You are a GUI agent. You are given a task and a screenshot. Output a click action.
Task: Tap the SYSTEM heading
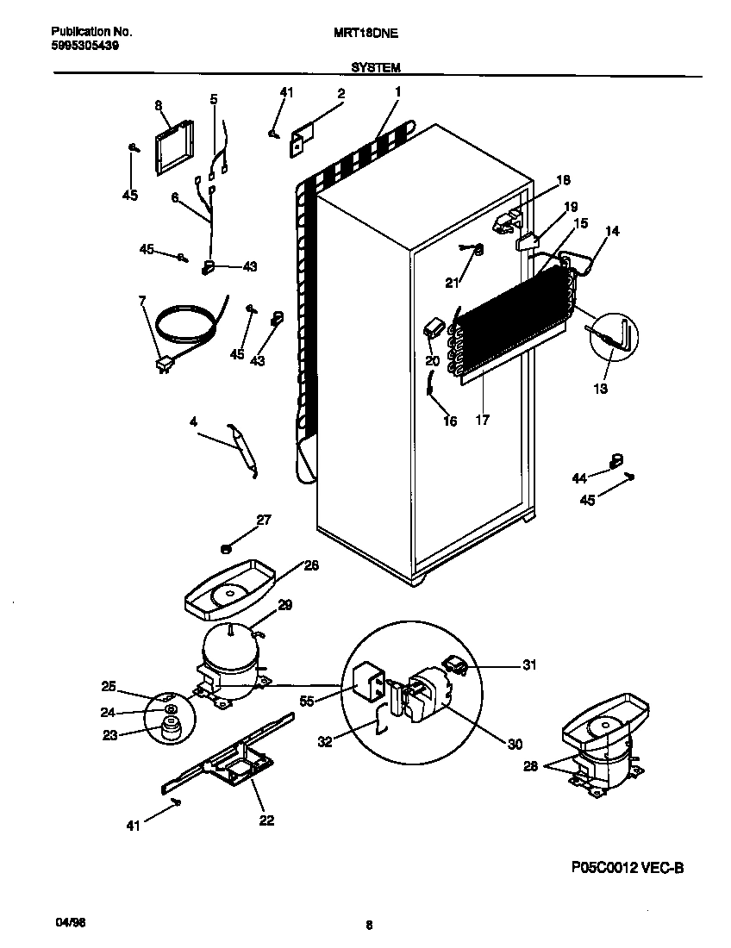[x=374, y=66]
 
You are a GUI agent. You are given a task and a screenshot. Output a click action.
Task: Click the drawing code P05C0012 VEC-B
[x=627, y=867]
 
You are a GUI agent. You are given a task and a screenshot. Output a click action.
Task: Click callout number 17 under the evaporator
[x=483, y=421]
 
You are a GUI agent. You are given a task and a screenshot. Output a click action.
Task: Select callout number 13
[x=600, y=389]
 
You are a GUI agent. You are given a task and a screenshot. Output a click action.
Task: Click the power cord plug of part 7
[x=161, y=366]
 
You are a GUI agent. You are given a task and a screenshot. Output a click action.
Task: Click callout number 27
[x=264, y=520]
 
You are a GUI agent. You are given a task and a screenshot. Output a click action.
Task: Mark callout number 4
[x=193, y=421]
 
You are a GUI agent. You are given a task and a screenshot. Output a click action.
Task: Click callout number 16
[x=450, y=421]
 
